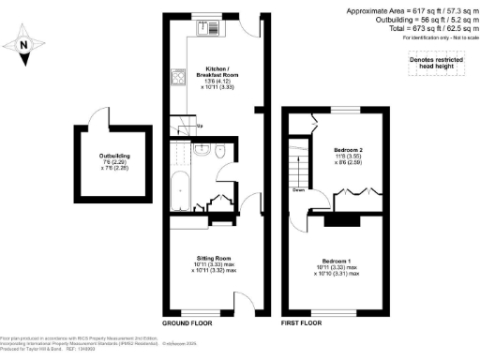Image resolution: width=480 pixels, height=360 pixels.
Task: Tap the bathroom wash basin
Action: pos(200,149)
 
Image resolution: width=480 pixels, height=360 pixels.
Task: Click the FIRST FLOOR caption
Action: pos(302,322)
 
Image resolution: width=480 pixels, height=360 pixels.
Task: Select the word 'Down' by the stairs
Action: pos(297,188)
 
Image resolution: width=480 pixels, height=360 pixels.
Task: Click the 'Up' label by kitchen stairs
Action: pos(198,127)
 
